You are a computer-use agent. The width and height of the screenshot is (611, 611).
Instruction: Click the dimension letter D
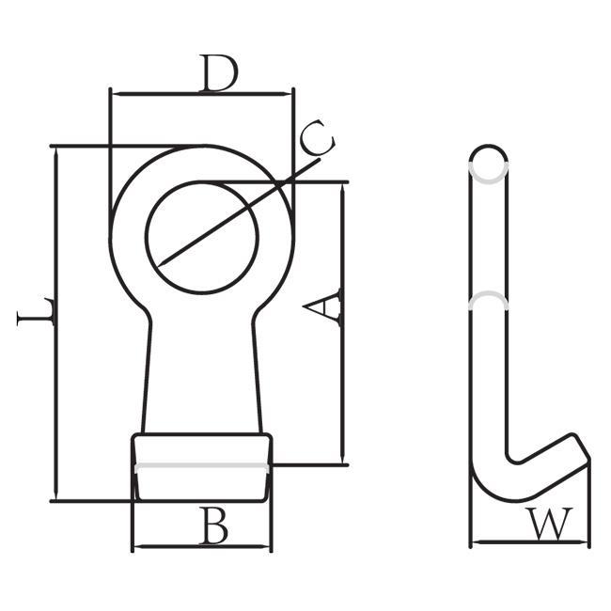tap(218, 73)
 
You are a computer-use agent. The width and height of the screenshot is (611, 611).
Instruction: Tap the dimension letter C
tap(318, 138)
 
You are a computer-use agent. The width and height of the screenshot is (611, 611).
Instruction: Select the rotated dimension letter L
tap(35, 312)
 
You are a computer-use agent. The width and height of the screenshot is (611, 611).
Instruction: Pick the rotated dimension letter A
tap(321, 306)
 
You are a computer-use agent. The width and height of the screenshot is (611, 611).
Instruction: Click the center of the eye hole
tap(202, 237)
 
